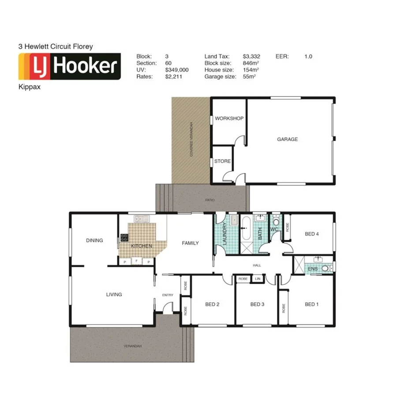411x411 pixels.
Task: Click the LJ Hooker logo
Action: (x=69, y=67)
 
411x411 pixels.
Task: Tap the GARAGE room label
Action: (x=287, y=139)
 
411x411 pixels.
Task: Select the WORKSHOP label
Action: (x=229, y=119)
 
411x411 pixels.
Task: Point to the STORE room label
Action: (x=222, y=161)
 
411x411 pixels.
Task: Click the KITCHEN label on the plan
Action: (x=142, y=246)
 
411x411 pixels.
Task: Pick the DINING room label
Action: (x=94, y=240)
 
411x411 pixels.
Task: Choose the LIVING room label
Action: (x=114, y=295)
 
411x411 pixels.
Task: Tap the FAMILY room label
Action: (x=191, y=243)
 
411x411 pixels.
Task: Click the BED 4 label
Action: (x=312, y=234)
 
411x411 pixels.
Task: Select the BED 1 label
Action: (x=312, y=304)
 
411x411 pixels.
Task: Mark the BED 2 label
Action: (x=212, y=304)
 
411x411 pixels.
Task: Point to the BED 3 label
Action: (x=257, y=304)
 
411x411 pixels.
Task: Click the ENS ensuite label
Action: (x=313, y=269)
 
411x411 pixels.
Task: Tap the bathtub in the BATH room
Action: (x=247, y=228)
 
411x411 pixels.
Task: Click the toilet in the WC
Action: (x=276, y=221)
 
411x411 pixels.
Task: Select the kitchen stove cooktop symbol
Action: (x=124, y=237)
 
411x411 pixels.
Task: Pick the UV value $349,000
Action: (x=177, y=70)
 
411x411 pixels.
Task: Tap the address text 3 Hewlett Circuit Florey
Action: (x=55, y=46)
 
